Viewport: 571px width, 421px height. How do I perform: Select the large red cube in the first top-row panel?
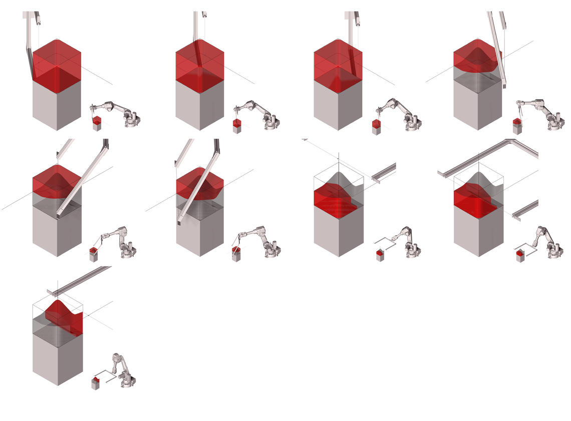(x=57, y=65)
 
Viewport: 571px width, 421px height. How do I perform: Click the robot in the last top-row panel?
(x=543, y=114)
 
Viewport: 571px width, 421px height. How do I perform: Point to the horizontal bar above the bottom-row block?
(x=80, y=279)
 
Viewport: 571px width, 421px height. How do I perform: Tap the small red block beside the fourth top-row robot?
(x=517, y=121)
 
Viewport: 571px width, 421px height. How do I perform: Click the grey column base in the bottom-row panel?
(x=58, y=358)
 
